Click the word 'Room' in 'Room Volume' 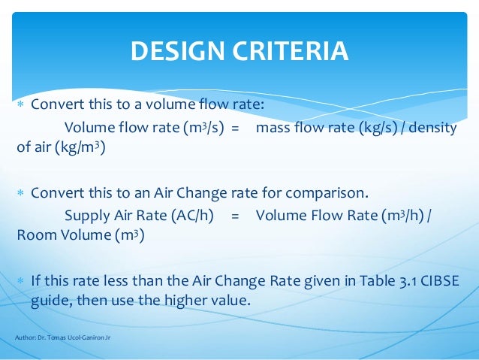coord(35,235)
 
